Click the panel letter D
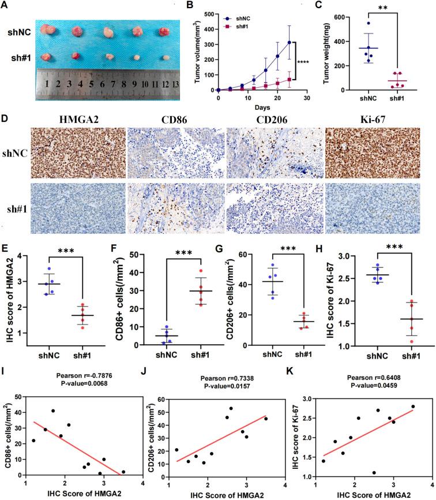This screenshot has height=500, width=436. (6, 118)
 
